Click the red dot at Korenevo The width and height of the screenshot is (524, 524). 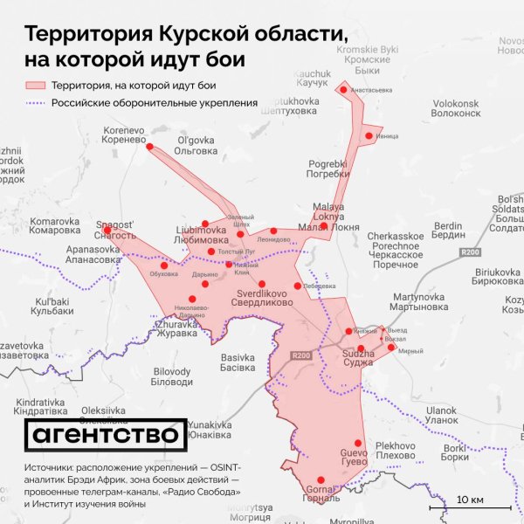(x=149, y=147)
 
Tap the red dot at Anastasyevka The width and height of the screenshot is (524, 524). (x=343, y=89)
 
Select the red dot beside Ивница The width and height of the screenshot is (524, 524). (x=369, y=135)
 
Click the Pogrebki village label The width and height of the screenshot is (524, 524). (x=328, y=168)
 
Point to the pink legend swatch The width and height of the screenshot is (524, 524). (x=34, y=86)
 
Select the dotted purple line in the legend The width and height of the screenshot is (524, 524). (x=34, y=103)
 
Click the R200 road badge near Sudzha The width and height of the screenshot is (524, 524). (x=302, y=354)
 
